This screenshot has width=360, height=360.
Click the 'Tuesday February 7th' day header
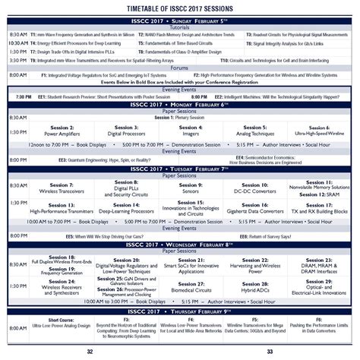180,169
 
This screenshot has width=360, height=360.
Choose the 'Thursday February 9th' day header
180,311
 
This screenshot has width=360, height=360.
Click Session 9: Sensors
190,188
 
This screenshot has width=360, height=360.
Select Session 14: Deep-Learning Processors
125,207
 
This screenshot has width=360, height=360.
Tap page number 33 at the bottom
270,351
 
